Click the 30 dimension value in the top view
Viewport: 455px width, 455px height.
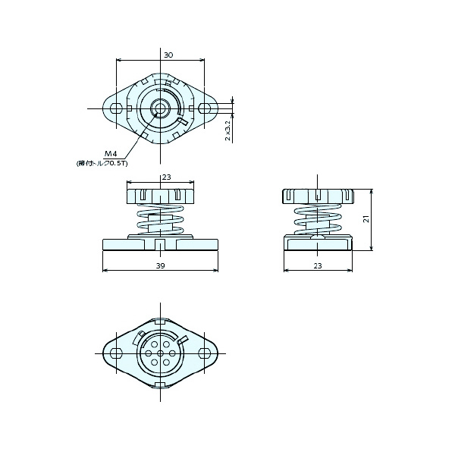[168, 55]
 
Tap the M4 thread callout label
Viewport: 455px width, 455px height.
[111, 154]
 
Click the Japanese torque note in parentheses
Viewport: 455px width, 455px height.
[102, 163]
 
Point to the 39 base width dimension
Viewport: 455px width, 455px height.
[161, 266]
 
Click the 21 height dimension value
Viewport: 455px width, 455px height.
[366, 218]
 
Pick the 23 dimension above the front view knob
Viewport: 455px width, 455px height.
[166, 177]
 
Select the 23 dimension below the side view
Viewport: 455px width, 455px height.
[317, 266]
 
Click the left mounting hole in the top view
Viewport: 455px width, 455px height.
[116, 108]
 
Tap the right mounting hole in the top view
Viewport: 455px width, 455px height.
[204, 108]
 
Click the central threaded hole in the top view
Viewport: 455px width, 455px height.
[160, 108]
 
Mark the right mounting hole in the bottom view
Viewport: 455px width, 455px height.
[204, 353]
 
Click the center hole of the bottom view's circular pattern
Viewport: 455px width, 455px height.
[160, 353]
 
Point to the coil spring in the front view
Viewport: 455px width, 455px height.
[160, 221]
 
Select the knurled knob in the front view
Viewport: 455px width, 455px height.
[160, 196]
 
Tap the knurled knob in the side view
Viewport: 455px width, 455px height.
[317, 196]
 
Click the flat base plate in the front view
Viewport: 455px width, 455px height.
[160, 245]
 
